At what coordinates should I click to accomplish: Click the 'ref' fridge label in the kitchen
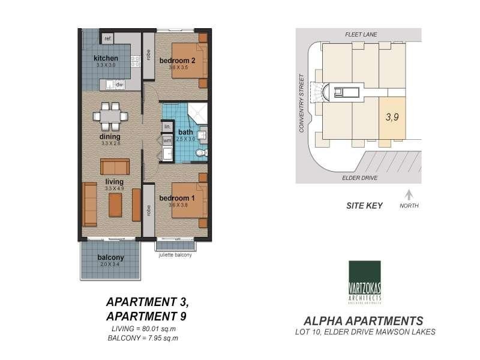pos(108,39)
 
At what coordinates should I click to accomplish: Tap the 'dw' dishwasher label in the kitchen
pos(119,85)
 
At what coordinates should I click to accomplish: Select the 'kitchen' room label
pos(106,58)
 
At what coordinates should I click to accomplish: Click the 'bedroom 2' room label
pos(178,60)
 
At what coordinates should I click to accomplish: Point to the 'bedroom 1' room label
pos(177,197)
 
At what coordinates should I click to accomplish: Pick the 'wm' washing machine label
pos(167,140)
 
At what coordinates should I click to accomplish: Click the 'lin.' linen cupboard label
pos(167,127)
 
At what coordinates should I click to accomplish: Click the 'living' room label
pos(114,181)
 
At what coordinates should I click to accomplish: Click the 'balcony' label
pos(110,258)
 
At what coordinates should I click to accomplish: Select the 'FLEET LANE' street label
pos(360,35)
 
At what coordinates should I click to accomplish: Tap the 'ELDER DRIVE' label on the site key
pos(359,177)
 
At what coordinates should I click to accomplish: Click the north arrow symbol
pos(409,194)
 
